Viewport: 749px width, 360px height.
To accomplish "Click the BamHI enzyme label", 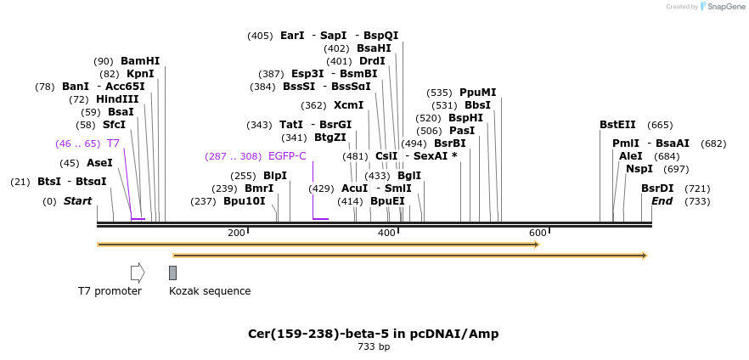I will (140, 61).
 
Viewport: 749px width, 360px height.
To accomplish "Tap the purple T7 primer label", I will (113, 143).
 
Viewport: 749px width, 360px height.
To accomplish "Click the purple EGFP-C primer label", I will (287, 156).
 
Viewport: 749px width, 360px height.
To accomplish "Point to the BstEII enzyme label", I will (617, 125).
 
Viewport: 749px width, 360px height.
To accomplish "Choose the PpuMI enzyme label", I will (477, 93).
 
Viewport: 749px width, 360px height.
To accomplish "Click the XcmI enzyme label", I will (348, 105).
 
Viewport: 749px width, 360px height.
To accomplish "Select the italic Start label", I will (77, 201).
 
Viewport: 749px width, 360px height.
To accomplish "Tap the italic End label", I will (662, 201).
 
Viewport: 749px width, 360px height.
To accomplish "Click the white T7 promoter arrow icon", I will (138, 273).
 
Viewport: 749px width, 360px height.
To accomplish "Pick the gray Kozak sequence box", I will (172, 273).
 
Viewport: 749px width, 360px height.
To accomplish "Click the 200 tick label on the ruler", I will (236, 233).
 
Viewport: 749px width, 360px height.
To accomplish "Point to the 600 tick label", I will (538, 233).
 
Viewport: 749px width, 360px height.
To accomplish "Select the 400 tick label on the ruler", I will (386, 233).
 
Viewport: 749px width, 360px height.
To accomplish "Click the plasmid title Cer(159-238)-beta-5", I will (373, 334).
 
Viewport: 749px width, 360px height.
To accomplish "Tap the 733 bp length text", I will (373, 346).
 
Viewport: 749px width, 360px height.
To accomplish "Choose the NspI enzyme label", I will (639, 169).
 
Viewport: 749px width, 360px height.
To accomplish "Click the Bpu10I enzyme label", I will (245, 201).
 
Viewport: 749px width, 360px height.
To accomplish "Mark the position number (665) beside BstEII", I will (660, 125).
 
